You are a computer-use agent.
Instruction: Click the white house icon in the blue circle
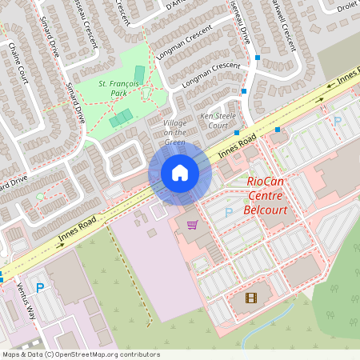(180, 173)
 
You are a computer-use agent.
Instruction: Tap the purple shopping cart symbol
(192, 225)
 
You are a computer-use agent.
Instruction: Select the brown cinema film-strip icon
(252, 298)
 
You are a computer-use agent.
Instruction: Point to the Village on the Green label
(174, 132)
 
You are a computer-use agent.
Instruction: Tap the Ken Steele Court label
(218, 121)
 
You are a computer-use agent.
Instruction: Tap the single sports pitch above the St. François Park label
(139, 74)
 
